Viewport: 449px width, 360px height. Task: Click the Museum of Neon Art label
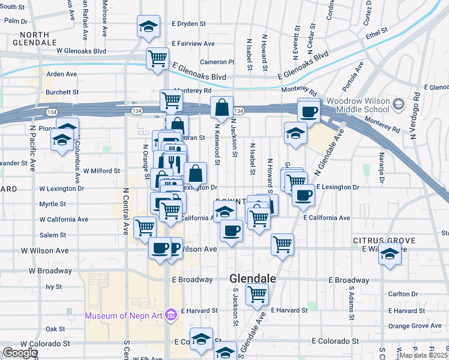point(124,316)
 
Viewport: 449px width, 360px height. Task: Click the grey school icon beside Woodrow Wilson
point(397,106)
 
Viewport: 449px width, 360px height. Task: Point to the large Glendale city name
point(253,279)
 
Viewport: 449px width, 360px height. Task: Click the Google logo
point(20,353)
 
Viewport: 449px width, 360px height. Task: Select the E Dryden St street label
point(188,24)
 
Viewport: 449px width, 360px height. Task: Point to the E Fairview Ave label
point(193,44)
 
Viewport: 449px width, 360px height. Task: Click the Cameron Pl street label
point(217,62)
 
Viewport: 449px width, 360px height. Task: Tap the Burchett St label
point(62,92)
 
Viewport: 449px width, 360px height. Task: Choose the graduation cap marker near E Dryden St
point(148,26)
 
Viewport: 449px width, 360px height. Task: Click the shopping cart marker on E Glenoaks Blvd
point(157,59)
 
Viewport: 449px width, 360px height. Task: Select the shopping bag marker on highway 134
point(221,108)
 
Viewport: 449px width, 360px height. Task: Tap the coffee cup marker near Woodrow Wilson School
point(309,110)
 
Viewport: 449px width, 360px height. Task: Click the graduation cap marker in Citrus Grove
point(390,254)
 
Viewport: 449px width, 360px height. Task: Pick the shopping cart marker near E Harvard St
point(257,294)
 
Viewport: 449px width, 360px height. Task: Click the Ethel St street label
point(373,36)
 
